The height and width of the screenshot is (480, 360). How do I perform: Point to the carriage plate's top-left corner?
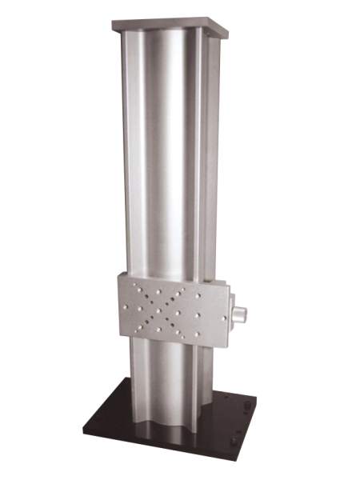point(118,274)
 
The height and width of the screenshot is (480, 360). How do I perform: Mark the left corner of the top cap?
point(113,24)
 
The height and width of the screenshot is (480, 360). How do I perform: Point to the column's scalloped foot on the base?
point(168,432)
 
